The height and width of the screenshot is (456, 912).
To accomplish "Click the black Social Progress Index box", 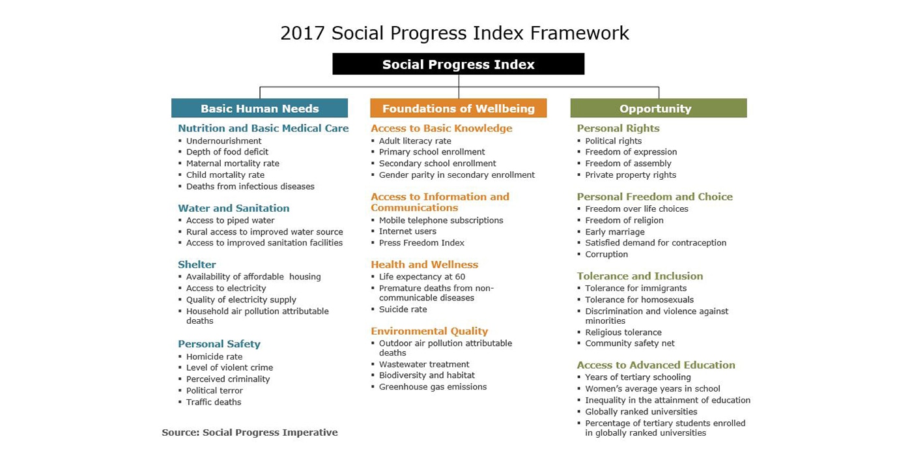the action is (x=459, y=64).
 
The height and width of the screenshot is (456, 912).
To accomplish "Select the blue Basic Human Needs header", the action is (x=260, y=108).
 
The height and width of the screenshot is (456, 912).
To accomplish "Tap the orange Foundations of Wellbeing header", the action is (x=459, y=108).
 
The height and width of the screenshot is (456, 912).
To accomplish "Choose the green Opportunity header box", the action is (x=659, y=108).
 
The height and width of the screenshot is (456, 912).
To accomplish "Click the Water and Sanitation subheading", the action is (x=234, y=208).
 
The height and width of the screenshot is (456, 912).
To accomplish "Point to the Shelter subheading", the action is (x=197, y=264).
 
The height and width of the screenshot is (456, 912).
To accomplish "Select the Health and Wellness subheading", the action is (x=424, y=264).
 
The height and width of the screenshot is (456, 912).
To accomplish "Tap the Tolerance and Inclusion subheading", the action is (x=640, y=276).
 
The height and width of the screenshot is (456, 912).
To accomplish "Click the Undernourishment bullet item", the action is (x=223, y=141).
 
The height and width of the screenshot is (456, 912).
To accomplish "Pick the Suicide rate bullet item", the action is (x=403, y=309).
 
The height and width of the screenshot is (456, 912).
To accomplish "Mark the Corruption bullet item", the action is (x=606, y=255).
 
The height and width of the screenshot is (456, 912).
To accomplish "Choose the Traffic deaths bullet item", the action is (x=214, y=403).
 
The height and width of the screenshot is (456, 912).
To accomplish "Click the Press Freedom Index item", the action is (x=421, y=242).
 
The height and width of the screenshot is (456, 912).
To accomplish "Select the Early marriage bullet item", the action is (x=615, y=232).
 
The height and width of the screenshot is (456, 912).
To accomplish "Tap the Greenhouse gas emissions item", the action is (x=433, y=387).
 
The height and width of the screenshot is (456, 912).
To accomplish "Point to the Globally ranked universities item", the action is (x=641, y=412).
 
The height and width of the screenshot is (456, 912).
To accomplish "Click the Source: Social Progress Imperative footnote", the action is (x=249, y=433).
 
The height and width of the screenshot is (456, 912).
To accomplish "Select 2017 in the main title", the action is (x=302, y=33).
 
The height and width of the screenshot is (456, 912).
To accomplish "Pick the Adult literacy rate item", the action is (x=415, y=141).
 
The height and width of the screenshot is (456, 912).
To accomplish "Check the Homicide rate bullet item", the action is (x=214, y=357).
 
